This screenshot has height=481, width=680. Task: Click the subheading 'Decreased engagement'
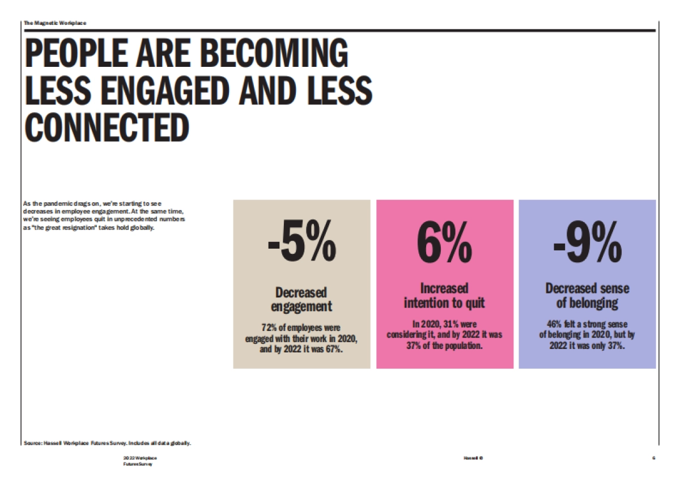click(301, 300)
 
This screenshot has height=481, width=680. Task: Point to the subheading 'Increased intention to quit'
click(445, 295)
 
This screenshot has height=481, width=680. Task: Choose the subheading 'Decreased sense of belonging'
click(587, 295)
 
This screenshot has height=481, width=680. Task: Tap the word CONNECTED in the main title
click(107, 129)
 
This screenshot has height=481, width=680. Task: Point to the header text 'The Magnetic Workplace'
click(55, 23)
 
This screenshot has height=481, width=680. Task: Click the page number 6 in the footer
click(653, 457)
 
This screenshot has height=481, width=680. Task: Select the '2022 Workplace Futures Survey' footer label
click(139, 460)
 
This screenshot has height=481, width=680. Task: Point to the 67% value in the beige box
click(334, 348)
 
